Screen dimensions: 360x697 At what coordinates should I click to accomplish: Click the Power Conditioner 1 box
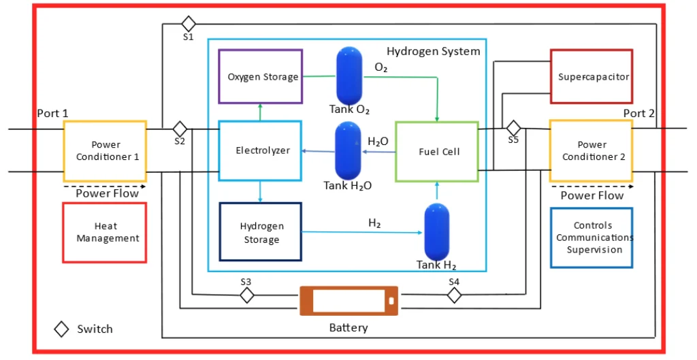(105, 151)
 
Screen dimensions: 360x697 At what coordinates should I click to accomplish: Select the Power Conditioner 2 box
(591, 150)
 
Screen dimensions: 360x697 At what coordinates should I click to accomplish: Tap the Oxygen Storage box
(260, 76)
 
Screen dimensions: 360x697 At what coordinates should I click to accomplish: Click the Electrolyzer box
(259, 150)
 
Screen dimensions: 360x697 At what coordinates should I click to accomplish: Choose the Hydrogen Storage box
(260, 232)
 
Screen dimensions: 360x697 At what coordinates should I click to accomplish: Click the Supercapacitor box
(591, 76)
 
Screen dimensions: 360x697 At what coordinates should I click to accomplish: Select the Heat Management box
(105, 232)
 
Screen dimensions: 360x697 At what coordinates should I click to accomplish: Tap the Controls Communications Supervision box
(591, 238)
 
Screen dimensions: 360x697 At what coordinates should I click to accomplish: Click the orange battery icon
(348, 301)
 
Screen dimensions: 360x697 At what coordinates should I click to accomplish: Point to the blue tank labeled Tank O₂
(350, 75)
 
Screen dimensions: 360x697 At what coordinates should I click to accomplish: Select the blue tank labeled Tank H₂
(436, 233)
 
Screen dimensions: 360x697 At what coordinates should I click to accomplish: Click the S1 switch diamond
(189, 24)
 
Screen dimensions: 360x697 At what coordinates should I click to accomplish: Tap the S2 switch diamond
(180, 129)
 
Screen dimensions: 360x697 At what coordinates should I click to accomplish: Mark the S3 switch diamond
(246, 295)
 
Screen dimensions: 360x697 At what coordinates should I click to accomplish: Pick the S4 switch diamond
(454, 295)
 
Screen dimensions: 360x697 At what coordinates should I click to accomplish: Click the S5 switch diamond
(513, 128)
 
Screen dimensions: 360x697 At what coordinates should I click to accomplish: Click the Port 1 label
(52, 114)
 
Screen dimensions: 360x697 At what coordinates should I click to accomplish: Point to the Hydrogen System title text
(433, 51)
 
